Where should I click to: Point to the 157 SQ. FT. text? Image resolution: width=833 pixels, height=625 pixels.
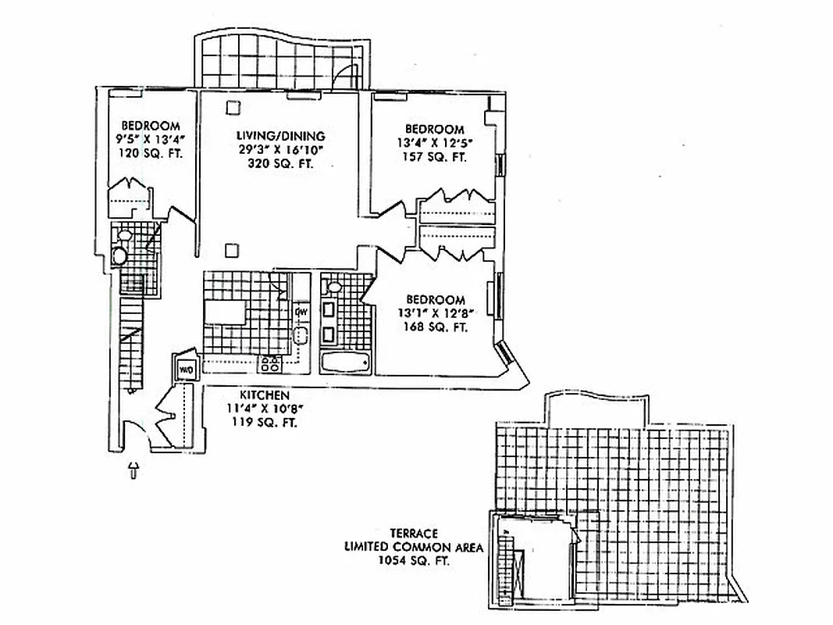pyautogui.click(x=435, y=157)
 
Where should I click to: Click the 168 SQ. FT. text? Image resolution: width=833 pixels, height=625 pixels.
pyautogui.click(x=436, y=328)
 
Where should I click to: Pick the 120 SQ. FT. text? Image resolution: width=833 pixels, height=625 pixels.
pyautogui.click(x=151, y=154)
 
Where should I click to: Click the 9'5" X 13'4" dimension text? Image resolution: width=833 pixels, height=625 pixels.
pyautogui.click(x=151, y=140)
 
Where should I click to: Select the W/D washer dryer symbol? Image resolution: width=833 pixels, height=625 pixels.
pyautogui.click(x=187, y=369)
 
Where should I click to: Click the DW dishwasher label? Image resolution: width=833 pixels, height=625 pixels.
pyautogui.click(x=301, y=313)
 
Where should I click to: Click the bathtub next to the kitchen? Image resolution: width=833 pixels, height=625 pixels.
pyautogui.click(x=346, y=361)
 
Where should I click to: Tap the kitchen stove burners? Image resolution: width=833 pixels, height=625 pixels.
pyautogui.click(x=270, y=362)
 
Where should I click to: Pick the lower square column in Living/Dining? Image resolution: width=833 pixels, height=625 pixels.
pyautogui.click(x=231, y=250)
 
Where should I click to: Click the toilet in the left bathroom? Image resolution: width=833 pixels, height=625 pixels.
pyautogui.click(x=120, y=255)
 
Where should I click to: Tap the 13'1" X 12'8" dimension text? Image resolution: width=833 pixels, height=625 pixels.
pyautogui.click(x=436, y=314)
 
